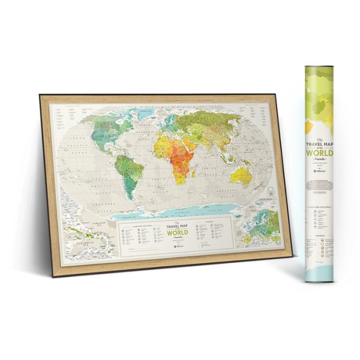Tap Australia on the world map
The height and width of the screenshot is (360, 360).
click(x=242, y=175)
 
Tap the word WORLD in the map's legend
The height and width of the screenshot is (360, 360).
click(x=173, y=232)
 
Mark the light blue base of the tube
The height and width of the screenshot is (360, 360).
click(x=318, y=275)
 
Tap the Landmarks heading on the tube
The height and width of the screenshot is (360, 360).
click(x=319, y=208)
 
